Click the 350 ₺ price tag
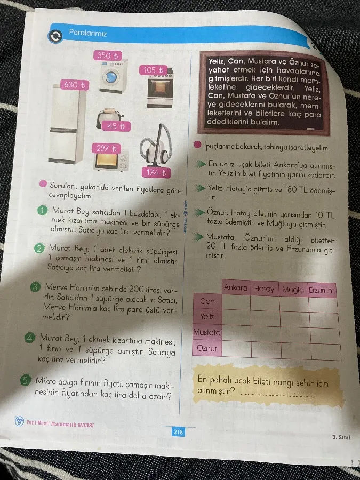(107, 55)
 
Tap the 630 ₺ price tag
(75, 84)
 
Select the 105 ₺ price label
(154, 70)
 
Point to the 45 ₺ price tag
(116, 126)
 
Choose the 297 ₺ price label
(106, 148)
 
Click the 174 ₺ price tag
(156, 173)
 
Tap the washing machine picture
(113, 76)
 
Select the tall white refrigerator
(67, 123)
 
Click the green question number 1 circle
(43, 210)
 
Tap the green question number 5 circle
(25, 380)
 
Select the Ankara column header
(235, 287)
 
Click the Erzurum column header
(322, 290)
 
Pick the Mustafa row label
(207, 332)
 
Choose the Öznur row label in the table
(206, 348)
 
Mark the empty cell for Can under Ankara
(236, 302)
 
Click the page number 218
(178, 432)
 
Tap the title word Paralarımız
(88, 33)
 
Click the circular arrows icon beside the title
(55, 36)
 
